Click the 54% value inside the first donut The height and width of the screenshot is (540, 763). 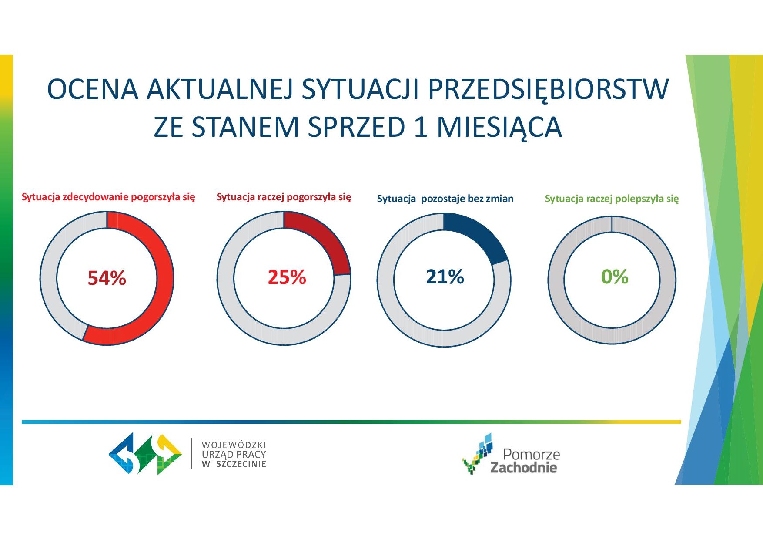tap(107, 278)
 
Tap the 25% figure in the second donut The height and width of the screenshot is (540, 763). tap(287, 277)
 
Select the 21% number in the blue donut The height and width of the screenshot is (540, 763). tap(445, 277)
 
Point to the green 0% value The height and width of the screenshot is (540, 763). tap(615, 277)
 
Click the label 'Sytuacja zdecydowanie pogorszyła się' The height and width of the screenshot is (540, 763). tap(108, 197)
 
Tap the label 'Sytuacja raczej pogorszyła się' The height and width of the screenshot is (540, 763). tap(284, 197)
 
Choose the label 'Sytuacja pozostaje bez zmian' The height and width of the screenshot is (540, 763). tap(445, 199)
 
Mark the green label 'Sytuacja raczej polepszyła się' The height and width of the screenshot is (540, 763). tap(612, 199)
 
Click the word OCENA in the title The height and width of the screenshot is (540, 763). tap(93, 89)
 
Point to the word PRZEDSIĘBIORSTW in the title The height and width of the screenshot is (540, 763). tap(548, 90)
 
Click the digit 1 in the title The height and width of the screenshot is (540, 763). tap(420, 127)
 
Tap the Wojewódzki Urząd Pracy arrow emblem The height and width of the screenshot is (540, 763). tap(145, 453)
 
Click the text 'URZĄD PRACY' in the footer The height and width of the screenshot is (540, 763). tap(234, 454)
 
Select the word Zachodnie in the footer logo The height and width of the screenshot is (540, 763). tap(524, 468)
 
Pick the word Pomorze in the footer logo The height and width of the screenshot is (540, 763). tap(531, 454)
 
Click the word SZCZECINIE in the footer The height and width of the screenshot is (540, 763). tap(241, 464)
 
